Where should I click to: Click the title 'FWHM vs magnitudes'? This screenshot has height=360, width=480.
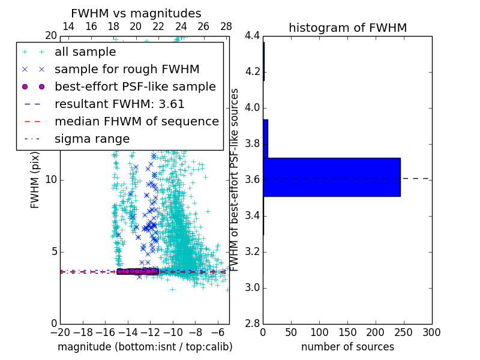click(x=136, y=13)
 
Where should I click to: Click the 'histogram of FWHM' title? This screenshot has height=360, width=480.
click(x=347, y=28)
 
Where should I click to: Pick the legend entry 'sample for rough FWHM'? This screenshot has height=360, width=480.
click(x=127, y=70)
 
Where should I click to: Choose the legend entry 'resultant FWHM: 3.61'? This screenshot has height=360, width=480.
click(x=119, y=104)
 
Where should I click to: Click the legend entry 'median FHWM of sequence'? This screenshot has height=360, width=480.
click(x=136, y=122)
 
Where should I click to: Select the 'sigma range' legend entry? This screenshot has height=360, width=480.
click(x=92, y=139)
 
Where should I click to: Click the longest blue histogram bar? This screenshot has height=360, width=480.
click(x=331, y=177)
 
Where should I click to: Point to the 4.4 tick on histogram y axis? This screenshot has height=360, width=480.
click(x=252, y=36)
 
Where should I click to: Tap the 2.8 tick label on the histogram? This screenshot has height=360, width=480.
click(x=252, y=324)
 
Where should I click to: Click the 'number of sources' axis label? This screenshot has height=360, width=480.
click(x=347, y=347)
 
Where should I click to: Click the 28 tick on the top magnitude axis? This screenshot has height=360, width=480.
click(x=226, y=26)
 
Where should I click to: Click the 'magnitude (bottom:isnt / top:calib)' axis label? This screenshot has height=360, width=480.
click(x=145, y=347)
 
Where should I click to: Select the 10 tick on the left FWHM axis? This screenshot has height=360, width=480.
click(x=51, y=180)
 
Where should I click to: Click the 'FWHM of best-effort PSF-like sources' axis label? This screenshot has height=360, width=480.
click(x=235, y=179)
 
